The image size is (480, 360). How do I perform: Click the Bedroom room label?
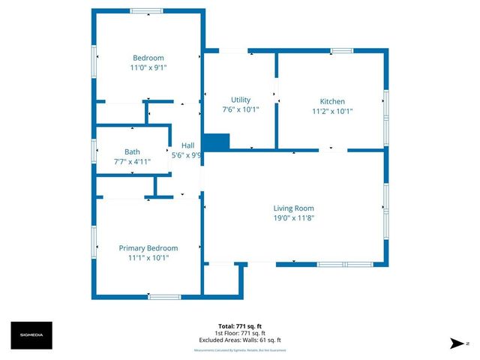[x=148, y=58]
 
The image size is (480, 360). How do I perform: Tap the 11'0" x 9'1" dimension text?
[x=148, y=67]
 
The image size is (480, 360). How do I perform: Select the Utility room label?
[x=241, y=100]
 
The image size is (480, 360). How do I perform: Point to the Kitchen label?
[x=332, y=101]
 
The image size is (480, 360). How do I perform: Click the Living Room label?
[x=293, y=208]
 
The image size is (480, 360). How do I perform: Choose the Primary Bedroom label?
[x=148, y=248]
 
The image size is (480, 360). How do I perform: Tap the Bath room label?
[x=132, y=151]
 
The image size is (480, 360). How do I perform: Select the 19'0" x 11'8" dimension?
[x=293, y=218]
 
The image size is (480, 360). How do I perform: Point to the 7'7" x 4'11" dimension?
[x=132, y=160]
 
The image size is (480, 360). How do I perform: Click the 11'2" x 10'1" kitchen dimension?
[x=332, y=111]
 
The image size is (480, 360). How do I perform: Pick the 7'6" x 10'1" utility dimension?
[x=241, y=109]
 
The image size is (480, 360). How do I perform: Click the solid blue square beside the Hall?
[x=216, y=142]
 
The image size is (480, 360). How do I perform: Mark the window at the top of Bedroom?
[x=146, y=10]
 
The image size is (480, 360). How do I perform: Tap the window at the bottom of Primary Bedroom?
[x=163, y=297]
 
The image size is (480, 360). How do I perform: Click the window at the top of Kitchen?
[x=342, y=51]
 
